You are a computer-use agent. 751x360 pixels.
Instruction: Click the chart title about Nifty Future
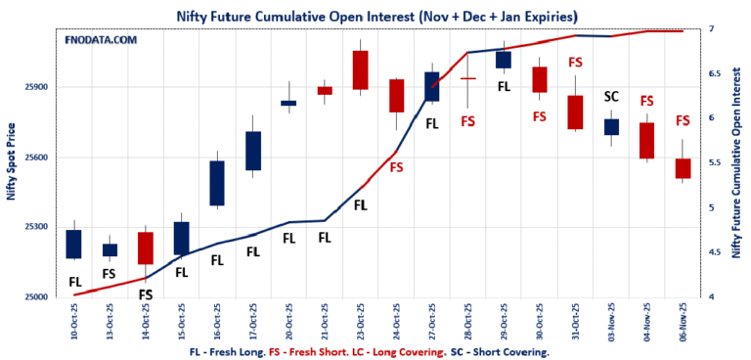point(375,16)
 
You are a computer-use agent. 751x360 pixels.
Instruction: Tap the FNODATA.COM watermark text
point(101,40)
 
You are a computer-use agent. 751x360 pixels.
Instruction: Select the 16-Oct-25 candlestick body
point(217,183)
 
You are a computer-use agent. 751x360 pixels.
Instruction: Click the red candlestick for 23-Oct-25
point(360,69)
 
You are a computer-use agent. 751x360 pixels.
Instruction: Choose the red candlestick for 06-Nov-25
point(683,168)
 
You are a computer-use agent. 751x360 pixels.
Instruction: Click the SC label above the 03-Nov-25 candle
point(611,96)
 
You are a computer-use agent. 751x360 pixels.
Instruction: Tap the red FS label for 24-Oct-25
point(396,167)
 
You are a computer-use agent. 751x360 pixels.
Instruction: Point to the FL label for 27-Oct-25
point(432,123)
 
